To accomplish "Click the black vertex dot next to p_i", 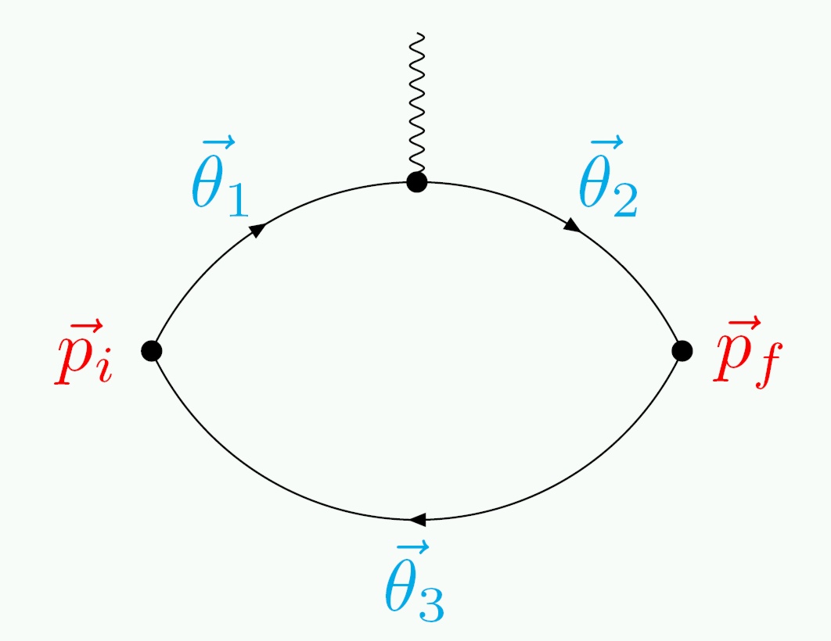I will pos(152,350).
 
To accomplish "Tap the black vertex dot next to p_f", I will pos(682,351).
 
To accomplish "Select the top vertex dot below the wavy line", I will pos(417,183).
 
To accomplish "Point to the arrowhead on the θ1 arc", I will pos(257,229).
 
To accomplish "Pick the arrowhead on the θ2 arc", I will pos(572,225).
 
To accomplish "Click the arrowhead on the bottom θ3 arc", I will pos(417,520).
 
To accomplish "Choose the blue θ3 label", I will pos(414,585).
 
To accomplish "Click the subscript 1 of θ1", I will pos(236,200).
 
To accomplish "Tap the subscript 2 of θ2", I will pos(625,200).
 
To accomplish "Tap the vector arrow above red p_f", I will pos(739,323).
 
